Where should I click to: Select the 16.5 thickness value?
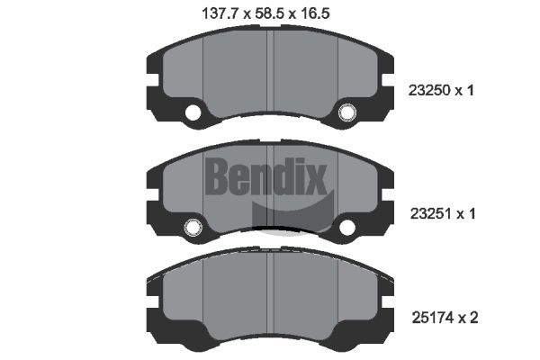[x=315, y=13]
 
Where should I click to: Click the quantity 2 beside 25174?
[x=473, y=318]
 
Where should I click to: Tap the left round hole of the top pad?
[x=193, y=112]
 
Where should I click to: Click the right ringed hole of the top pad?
[x=346, y=112]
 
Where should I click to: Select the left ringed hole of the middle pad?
[x=193, y=227]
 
